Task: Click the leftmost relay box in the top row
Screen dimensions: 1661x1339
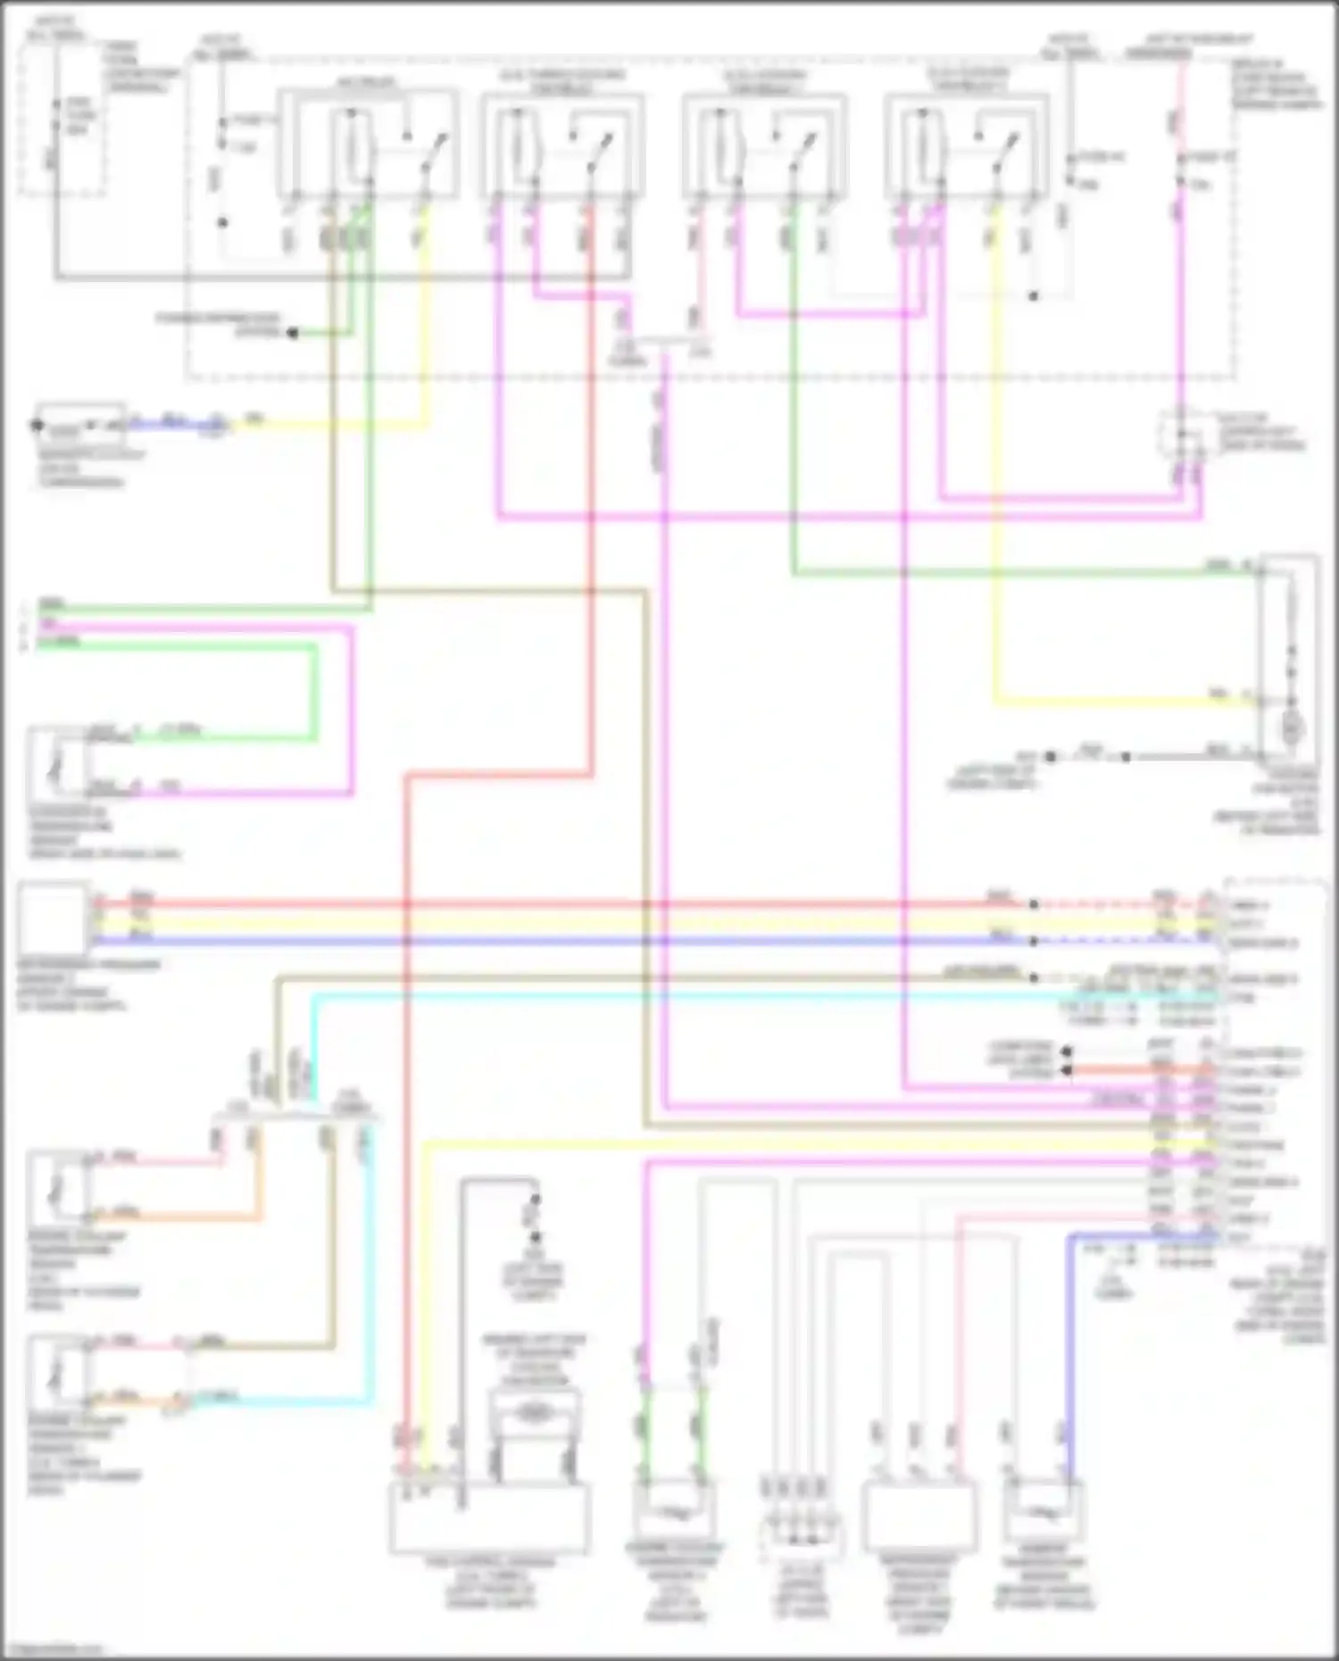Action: [x=367, y=143]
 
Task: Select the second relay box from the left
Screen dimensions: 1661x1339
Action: [x=562, y=143]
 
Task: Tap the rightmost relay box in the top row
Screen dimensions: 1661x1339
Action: [x=967, y=143]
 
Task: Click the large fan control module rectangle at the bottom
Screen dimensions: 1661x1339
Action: [x=489, y=1518]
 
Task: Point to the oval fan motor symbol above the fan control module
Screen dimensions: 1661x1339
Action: [x=533, y=1411]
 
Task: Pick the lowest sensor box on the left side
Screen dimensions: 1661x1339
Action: [x=57, y=1371]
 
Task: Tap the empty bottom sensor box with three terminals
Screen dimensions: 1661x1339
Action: [x=919, y=1517]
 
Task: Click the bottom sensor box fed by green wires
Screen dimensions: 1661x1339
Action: [x=674, y=1512]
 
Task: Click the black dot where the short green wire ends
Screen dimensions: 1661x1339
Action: [x=291, y=333]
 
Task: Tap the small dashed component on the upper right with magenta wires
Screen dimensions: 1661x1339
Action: [x=1181, y=436]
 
